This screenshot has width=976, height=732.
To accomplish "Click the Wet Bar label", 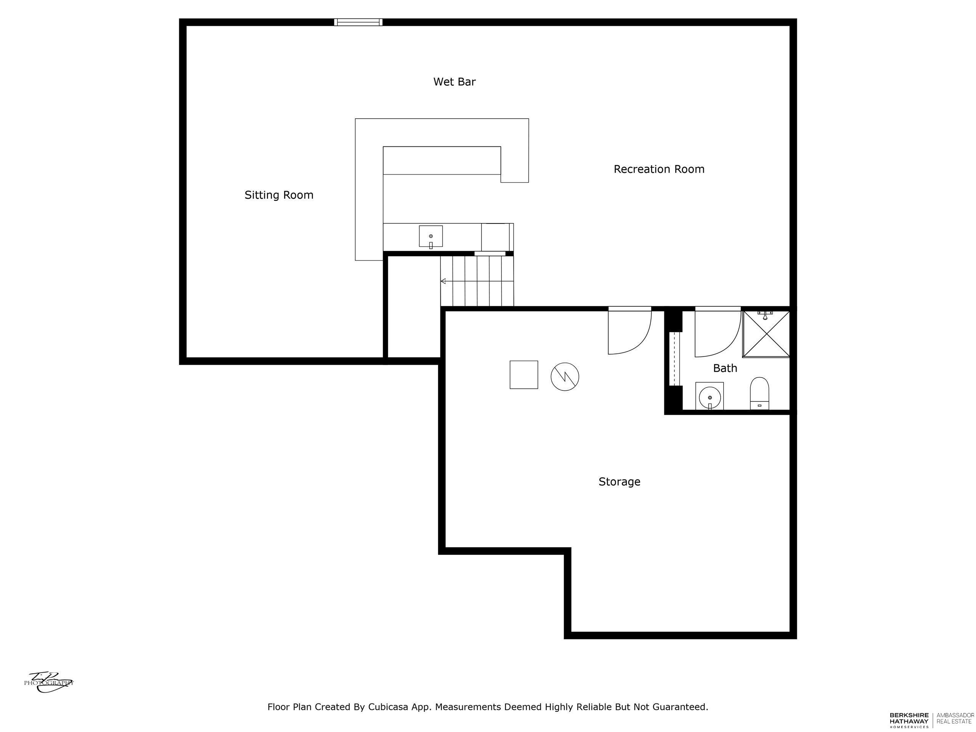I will (x=454, y=82).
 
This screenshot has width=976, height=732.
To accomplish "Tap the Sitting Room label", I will (x=279, y=195).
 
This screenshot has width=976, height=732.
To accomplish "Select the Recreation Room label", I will (x=659, y=169).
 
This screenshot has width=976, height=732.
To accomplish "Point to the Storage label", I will (x=619, y=482).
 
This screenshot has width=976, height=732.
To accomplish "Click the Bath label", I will (x=725, y=368).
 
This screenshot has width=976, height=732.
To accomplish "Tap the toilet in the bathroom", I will (x=759, y=393).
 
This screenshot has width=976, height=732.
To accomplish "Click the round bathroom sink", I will (x=710, y=397).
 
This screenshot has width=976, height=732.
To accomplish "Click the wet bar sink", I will (x=431, y=236).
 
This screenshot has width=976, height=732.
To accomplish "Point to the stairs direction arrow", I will (x=443, y=281).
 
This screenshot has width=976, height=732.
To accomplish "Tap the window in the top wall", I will (x=358, y=22).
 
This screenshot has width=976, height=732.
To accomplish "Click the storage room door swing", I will (x=629, y=332).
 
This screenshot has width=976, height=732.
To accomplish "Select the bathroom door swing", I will (x=717, y=334).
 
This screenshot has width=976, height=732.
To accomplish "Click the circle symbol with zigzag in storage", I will (x=565, y=376).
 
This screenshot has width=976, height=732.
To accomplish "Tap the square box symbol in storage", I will (x=524, y=375).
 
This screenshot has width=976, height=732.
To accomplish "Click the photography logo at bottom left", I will (x=48, y=682).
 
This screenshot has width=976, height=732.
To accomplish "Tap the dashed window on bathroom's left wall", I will (x=674, y=358).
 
